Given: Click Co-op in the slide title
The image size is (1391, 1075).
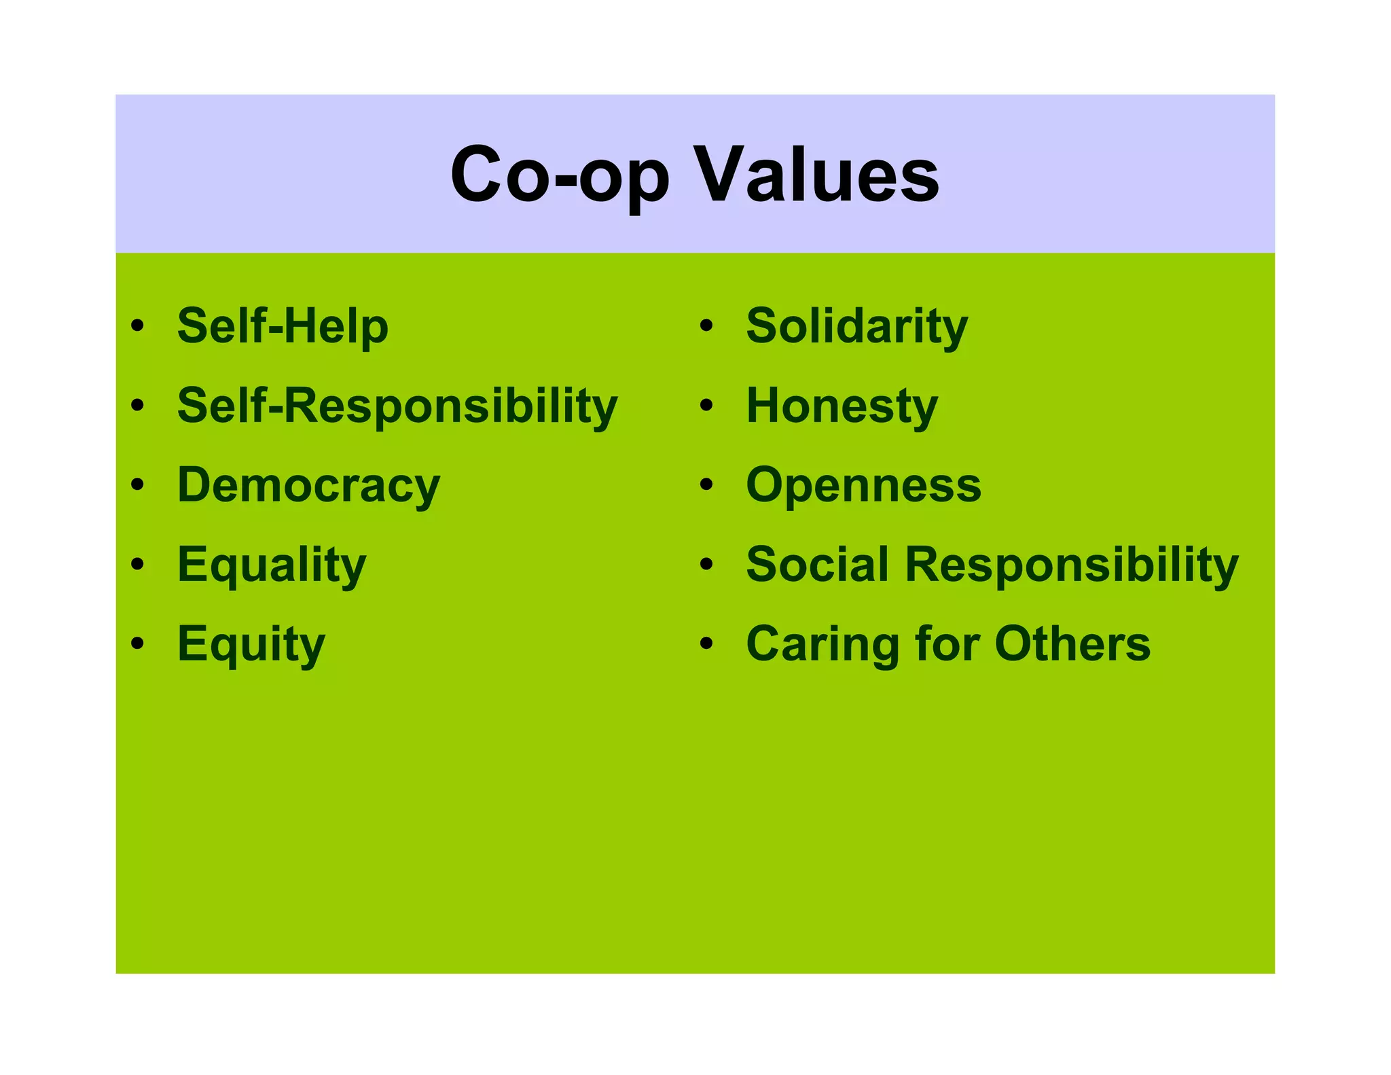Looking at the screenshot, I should click(x=560, y=175).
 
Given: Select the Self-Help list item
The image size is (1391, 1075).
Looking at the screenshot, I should click(x=283, y=326).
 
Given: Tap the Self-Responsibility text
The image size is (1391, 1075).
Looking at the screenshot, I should click(x=397, y=406).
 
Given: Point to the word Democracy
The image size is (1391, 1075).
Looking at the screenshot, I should click(x=308, y=485).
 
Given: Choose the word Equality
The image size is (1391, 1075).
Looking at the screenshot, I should click(x=272, y=565).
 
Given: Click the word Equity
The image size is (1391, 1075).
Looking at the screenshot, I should click(x=251, y=644).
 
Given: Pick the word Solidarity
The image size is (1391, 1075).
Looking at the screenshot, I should click(x=856, y=326).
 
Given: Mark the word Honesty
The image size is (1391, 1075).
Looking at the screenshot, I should click(x=842, y=406).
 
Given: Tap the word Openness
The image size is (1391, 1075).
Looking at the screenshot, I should click(x=863, y=485).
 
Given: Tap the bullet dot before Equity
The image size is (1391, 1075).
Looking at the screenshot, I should click(x=138, y=643).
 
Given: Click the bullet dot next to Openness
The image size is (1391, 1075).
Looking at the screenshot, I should click(x=706, y=484).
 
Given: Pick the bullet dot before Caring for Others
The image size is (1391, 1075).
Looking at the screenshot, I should click(x=706, y=643).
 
